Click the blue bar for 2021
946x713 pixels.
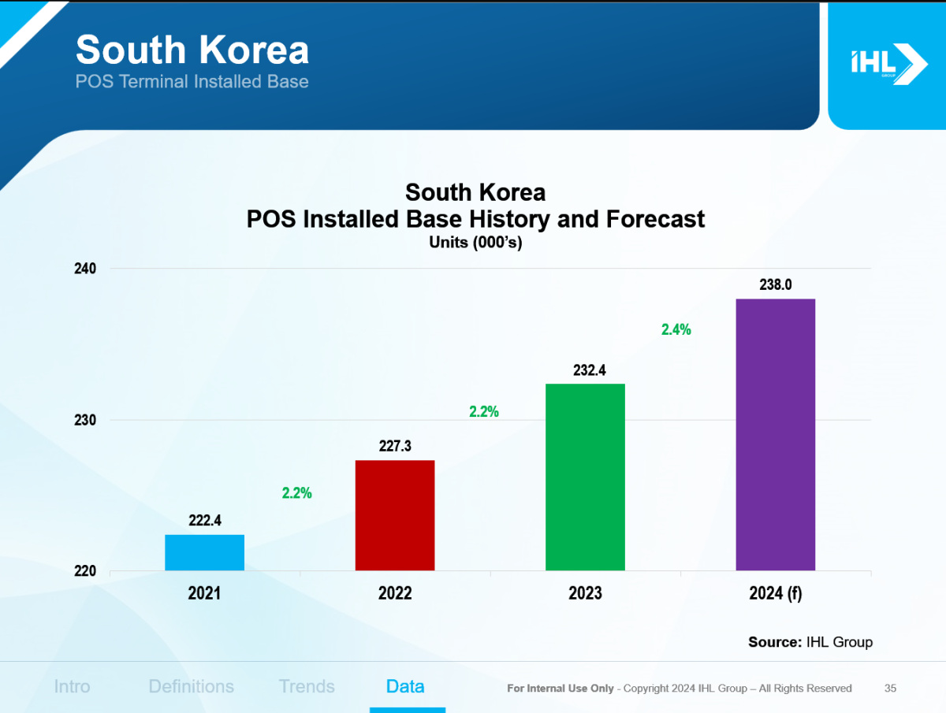204,552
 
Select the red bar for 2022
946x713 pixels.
395,515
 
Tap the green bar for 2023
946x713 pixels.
585,477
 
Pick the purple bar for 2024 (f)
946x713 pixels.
775,434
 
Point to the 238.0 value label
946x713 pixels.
776,285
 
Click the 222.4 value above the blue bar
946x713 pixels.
204,521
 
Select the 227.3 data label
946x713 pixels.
395,446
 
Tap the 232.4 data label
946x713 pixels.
585,369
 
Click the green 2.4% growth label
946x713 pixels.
676,330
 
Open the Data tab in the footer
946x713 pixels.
405,686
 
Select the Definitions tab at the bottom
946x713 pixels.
191,686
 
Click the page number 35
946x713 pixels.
890,689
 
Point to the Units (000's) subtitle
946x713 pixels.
475,243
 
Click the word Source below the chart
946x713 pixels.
774,642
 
